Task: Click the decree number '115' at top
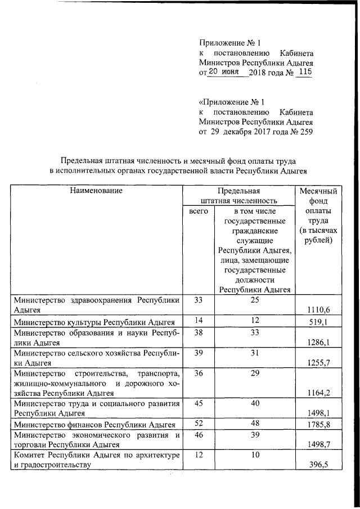(304, 72)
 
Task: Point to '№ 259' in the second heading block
(301, 133)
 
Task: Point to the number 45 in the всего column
(197, 403)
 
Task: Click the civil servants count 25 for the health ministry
(255, 300)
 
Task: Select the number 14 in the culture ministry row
(197, 321)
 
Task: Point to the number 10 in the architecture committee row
(255, 454)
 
